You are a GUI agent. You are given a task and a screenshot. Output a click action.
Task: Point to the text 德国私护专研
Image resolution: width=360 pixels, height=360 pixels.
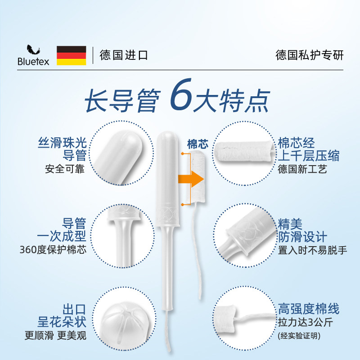pyautogui.click(x=309, y=55)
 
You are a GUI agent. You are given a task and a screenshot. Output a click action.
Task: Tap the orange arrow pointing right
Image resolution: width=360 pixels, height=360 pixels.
pyautogui.click(x=191, y=178)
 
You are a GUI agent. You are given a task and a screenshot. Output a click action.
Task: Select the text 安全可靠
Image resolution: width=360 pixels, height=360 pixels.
pyautogui.click(x=65, y=170)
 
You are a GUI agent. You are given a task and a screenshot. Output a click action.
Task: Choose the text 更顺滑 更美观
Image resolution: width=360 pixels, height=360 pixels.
pyautogui.click(x=55, y=335)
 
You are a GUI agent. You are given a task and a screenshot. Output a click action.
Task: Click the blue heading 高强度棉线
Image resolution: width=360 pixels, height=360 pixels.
pyautogui.click(x=308, y=309)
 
